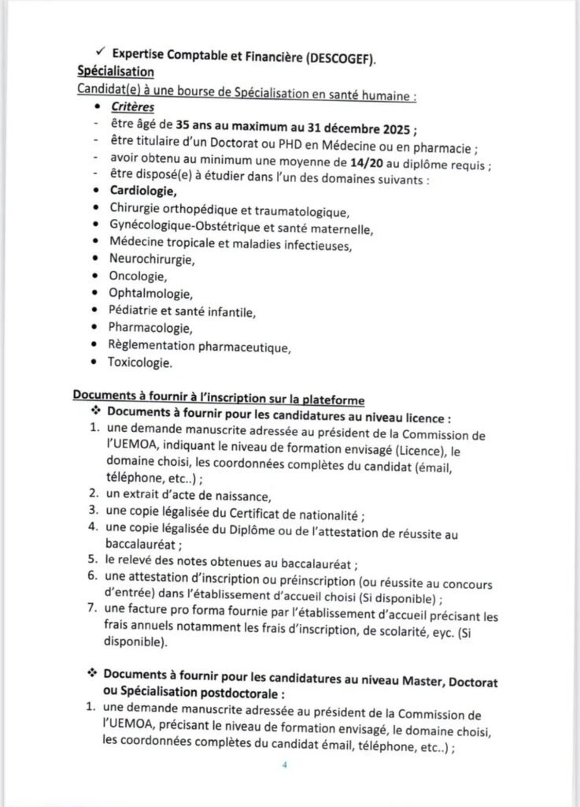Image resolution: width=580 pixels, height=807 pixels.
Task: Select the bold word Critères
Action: point(132,106)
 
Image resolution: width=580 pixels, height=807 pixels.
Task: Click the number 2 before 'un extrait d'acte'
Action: point(91,495)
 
